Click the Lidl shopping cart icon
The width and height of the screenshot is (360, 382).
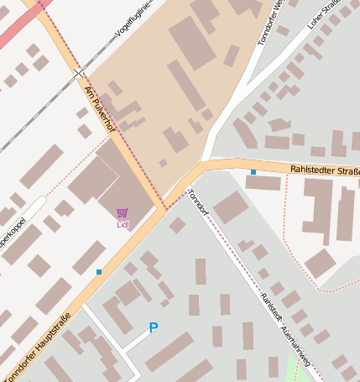(x=123, y=213)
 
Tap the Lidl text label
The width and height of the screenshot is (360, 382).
(x=123, y=224)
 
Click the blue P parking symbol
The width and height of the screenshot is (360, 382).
(x=153, y=328)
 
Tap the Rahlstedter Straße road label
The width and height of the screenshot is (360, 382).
(x=325, y=171)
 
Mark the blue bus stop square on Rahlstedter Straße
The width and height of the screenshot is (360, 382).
(x=253, y=172)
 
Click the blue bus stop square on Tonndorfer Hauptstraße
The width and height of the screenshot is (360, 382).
(x=99, y=272)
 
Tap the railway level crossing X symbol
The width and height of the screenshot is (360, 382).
(x=79, y=74)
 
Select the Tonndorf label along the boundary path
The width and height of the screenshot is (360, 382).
(x=198, y=201)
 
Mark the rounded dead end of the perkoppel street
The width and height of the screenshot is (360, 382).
(x=41, y=201)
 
